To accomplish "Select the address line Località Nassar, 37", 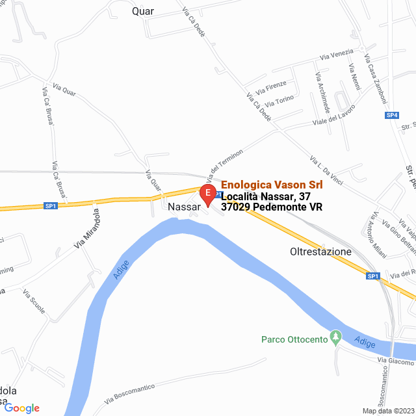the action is click(266, 196).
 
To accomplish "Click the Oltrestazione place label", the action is click(320, 252).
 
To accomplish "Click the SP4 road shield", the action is click(391, 115).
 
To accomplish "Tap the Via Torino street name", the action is click(280, 101).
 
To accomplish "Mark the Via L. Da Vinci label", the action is click(326, 169).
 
